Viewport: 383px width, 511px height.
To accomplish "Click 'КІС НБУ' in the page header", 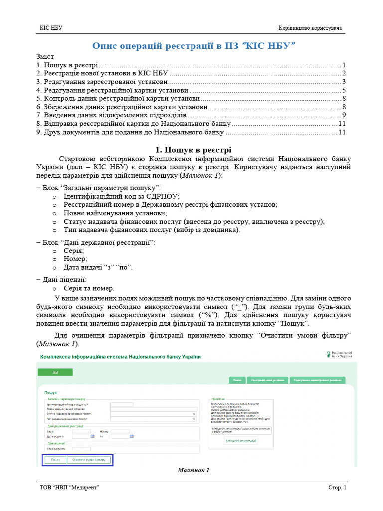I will [x=51, y=28].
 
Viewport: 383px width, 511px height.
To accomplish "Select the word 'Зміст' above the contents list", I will [x=45, y=57].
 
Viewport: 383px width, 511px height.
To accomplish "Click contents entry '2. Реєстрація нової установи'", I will [x=102, y=73].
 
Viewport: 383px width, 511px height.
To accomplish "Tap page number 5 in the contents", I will [x=344, y=90].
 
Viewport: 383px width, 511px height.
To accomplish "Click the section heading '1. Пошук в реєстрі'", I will [x=193, y=150].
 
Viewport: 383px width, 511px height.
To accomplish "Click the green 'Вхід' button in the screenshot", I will [x=55, y=372].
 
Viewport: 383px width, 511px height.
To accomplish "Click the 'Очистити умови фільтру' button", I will [x=89, y=460].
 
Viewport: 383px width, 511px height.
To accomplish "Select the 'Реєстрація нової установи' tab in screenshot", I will [x=267, y=380].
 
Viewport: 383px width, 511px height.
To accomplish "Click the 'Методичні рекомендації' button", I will [x=241, y=441].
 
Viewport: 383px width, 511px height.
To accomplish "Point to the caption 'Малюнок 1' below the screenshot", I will [x=193, y=470].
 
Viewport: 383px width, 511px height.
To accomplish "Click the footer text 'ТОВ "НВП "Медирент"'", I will [x=70, y=488].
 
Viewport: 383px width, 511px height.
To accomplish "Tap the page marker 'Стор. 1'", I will [x=337, y=488].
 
